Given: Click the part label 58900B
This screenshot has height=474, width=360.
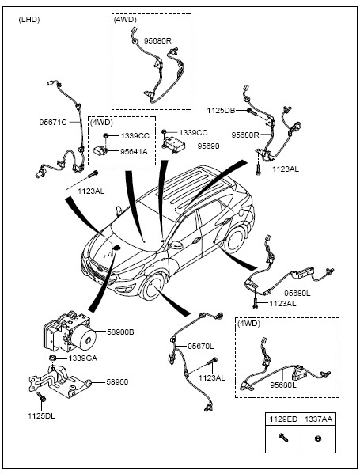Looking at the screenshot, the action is (120, 332).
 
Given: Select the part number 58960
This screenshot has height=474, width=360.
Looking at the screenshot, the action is (117, 381).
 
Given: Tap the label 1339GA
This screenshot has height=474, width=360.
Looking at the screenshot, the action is (82, 358).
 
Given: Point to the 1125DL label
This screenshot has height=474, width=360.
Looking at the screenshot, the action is (42, 416).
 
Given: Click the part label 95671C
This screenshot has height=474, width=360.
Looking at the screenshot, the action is (53, 123).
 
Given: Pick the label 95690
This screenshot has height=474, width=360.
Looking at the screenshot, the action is (209, 146).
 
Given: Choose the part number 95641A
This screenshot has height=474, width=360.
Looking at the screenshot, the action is (134, 151).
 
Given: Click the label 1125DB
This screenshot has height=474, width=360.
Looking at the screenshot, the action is (221, 111).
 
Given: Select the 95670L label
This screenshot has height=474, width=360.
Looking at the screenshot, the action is (201, 346).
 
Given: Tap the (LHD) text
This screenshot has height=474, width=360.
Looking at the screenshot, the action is (29, 20).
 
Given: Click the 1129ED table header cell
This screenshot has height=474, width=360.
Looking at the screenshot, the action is (283, 419).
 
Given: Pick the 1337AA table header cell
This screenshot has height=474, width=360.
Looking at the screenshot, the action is (318, 419).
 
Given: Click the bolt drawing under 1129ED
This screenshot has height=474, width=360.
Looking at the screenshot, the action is (283, 438).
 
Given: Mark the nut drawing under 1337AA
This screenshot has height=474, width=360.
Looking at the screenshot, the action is (318, 438).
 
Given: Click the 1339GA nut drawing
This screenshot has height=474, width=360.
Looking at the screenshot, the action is (53, 358).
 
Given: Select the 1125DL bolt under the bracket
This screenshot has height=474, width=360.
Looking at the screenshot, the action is (41, 397).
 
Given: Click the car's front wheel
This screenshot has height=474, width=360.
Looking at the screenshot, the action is (153, 286).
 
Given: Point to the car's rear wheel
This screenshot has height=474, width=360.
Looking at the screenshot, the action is (235, 238).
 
